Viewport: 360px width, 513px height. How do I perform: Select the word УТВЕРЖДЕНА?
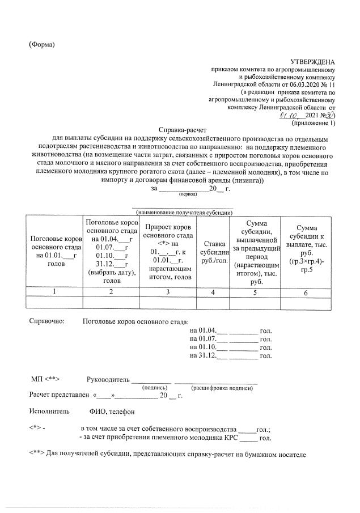click(312, 62)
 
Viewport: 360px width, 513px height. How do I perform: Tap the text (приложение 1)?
click(313, 122)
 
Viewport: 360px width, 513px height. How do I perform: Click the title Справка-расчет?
click(181, 130)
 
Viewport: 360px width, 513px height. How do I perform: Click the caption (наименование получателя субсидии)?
click(183, 213)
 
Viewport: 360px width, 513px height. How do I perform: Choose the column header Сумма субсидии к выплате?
click(306, 248)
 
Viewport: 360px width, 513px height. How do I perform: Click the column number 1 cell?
click(54, 292)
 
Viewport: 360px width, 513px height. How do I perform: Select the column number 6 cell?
click(306, 292)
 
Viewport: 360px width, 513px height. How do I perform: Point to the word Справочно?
click(47, 321)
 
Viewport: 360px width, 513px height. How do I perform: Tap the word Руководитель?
click(108, 379)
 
